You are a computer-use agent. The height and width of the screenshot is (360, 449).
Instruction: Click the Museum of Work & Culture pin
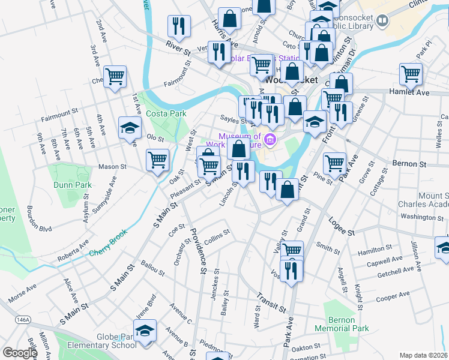pyautogui.click(x=270, y=140)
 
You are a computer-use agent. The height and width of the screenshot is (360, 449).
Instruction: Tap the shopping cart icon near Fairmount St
pyautogui.click(x=115, y=77)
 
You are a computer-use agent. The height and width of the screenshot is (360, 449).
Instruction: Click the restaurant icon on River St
pyautogui.click(x=179, y=26)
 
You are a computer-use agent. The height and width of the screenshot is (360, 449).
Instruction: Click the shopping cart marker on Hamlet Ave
pyautogui.click(x=411, y=74)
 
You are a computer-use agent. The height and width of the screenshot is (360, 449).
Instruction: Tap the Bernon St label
pyautogui.click(x=409, y=163)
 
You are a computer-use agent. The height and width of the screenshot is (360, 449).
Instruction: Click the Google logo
pyautogui.click(x=20, y=353)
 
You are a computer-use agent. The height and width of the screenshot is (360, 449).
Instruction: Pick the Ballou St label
pyautogui.click(x=152, y=268)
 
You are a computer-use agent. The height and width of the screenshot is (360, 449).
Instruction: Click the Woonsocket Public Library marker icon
pyautogui.click(x=382, y=22)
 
